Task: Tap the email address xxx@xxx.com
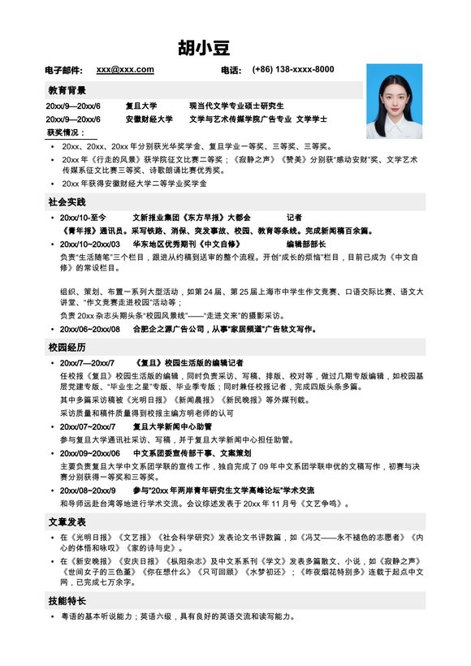(125, 70)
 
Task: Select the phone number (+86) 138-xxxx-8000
(293, 70)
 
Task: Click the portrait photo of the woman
(394, 102)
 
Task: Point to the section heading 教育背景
(67, 90)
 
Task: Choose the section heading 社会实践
(67, 201)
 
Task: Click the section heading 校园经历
(67, 347)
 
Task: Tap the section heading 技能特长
(67, 602)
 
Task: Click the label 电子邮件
(64, 71)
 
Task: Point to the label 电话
(231, 71)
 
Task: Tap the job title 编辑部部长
(305, 244)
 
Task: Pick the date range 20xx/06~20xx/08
(90, 329)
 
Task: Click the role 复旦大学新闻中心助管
(172, 426)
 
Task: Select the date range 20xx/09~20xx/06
(90, 453)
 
